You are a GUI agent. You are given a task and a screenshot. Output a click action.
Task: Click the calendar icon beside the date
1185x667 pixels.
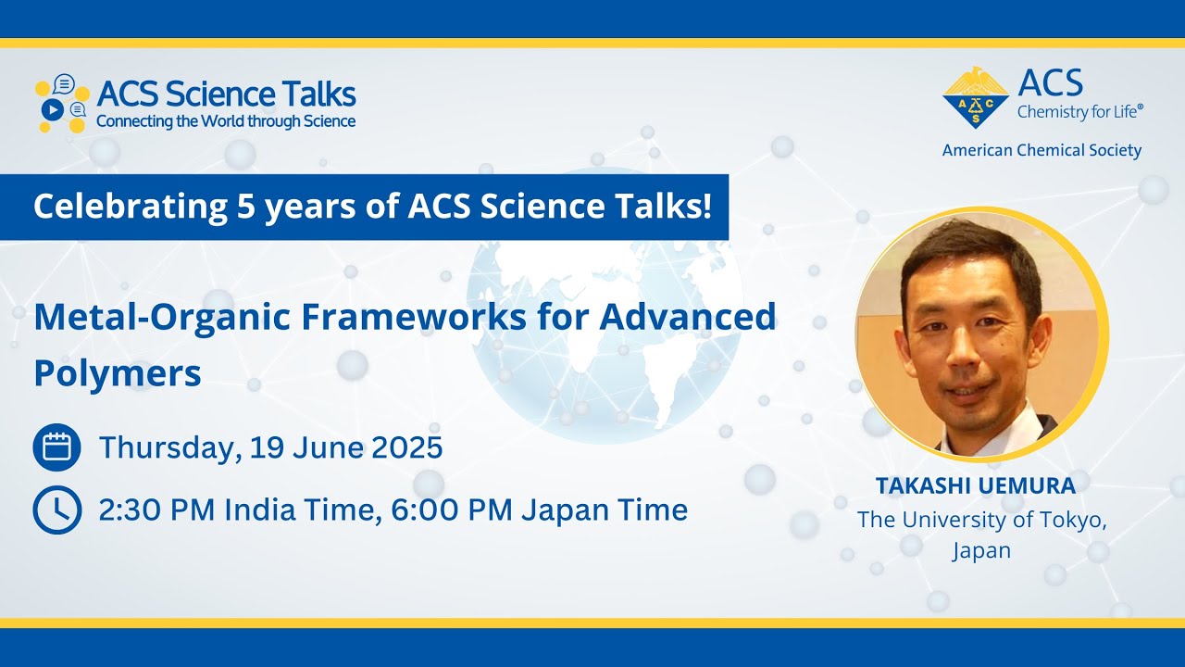point(56,447)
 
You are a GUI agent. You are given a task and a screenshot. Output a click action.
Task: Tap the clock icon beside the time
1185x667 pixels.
point(56,510)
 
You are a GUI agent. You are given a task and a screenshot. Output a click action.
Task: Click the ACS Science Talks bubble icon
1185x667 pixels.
point(62,103)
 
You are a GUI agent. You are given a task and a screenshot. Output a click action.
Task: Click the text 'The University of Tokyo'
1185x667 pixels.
point(981,520)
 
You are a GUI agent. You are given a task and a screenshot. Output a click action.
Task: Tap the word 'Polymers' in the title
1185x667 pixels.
point(118,373)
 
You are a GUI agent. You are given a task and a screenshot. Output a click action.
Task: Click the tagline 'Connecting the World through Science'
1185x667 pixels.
point(226,121)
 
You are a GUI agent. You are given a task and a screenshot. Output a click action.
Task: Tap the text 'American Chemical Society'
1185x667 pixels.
point(1042,150)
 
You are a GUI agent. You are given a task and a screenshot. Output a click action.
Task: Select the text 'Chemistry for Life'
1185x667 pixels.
point(1079,112)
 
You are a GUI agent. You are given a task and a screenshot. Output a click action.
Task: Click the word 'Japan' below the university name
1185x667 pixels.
point(981,550)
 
